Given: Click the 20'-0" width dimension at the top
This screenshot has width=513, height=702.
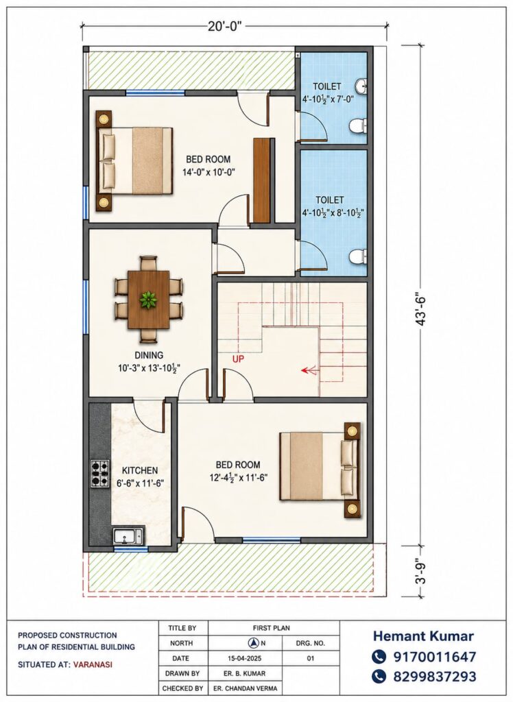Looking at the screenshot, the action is pos(224,26).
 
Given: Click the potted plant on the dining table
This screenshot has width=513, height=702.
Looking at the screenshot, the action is pos(147,299).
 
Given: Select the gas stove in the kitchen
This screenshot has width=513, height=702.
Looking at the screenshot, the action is pos(100,474).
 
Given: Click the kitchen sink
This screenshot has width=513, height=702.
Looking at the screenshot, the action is pos(128,535).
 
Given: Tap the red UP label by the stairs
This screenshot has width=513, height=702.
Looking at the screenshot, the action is pos(239,359).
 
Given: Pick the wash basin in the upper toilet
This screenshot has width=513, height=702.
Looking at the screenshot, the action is pos(361,85).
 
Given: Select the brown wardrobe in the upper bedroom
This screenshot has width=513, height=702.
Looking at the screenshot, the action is pos(262,180).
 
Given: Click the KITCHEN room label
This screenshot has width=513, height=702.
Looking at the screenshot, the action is pos(140,470).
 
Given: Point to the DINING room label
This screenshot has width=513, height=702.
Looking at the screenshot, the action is pos(149,356).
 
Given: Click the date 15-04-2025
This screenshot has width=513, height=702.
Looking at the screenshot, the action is pos(245,658).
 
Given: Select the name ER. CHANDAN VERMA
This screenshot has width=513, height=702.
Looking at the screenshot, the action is pos(250,688).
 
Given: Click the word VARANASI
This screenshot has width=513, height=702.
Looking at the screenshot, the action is pos(93,664).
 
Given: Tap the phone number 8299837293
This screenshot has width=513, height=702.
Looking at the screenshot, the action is pos(435,676).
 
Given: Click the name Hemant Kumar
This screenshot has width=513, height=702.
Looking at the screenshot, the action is pos(423,636).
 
